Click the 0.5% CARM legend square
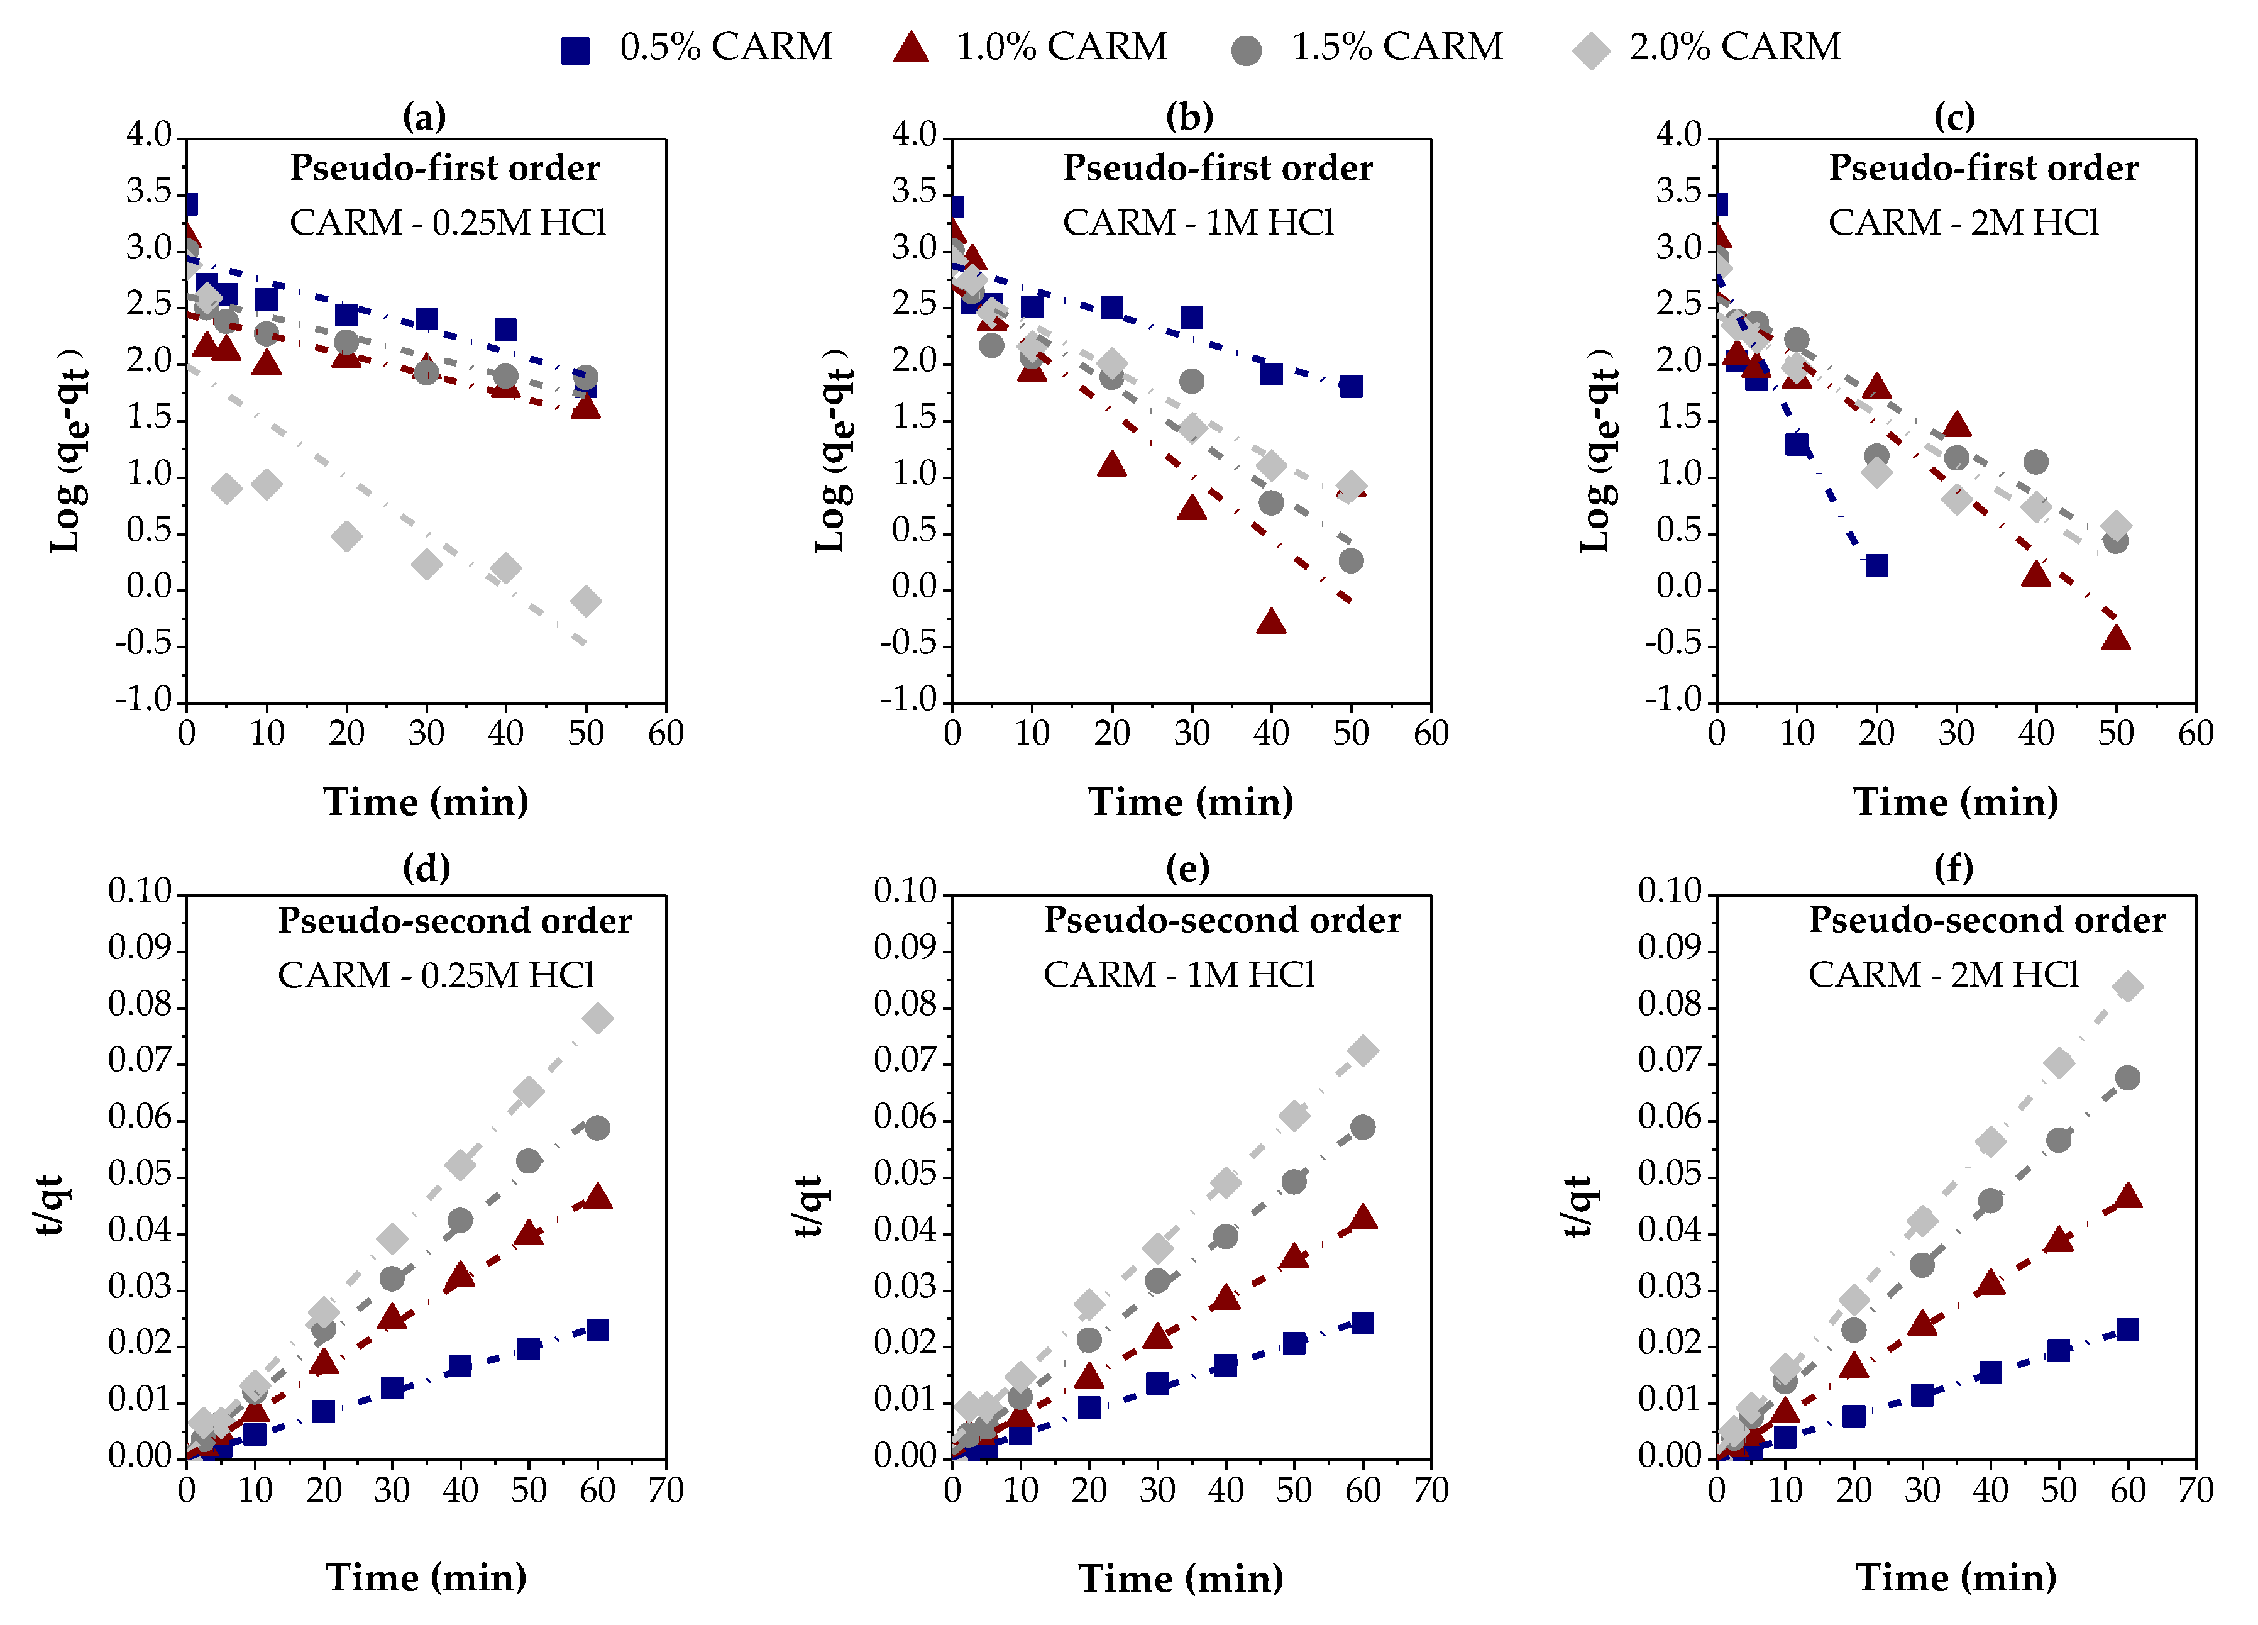(575, 50)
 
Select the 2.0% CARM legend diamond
(1591, 50)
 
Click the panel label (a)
(424, 116)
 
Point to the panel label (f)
(1953, 867)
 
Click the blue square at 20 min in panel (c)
(1876, 565)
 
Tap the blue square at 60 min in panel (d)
(597, 1330)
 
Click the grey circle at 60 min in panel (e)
(1363, 1127)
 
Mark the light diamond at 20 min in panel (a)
(346, 536)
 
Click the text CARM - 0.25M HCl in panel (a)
(448, 222)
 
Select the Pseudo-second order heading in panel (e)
(1221, 920)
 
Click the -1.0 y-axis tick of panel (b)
(909, 700)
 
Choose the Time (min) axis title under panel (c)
(1956, 802)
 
